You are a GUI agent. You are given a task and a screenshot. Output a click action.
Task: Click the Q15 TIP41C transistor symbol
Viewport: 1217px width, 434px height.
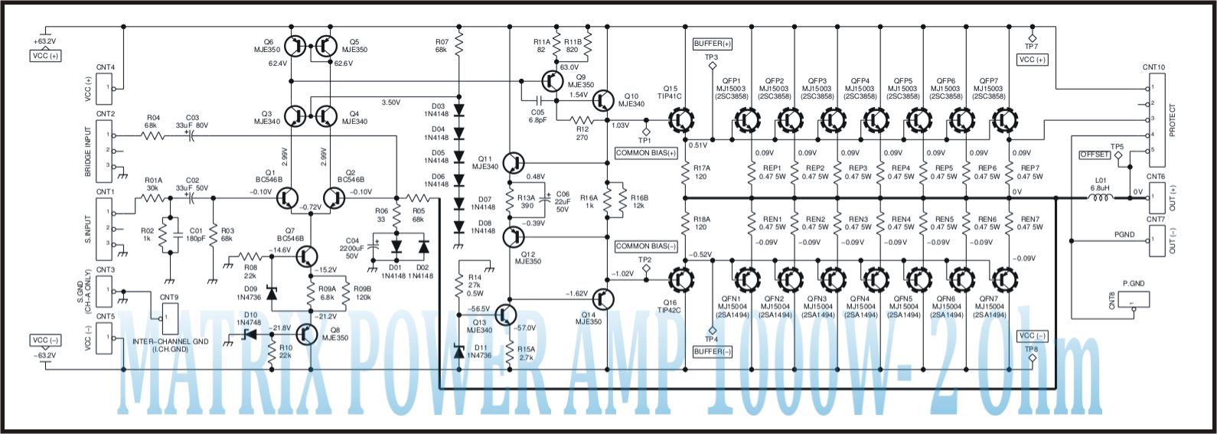point(680,119)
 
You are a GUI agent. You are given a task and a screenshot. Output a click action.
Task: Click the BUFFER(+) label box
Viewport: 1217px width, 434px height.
point(712,44)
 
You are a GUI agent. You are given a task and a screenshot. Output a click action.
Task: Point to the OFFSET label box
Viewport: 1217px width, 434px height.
point(1094,155)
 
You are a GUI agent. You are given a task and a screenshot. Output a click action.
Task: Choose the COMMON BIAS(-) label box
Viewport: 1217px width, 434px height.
point(646,246)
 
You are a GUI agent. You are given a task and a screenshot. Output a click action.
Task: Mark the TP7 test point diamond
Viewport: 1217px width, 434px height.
point(1031,37)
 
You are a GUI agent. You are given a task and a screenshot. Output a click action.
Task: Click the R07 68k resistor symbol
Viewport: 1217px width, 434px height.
point(458,45)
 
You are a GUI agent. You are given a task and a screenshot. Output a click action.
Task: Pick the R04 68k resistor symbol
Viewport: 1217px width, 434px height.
point(152,136)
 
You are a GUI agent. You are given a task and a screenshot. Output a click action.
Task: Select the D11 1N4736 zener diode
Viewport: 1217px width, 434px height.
point(458,351)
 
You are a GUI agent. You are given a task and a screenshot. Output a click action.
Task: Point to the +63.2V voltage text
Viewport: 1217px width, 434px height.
point(44,41)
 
